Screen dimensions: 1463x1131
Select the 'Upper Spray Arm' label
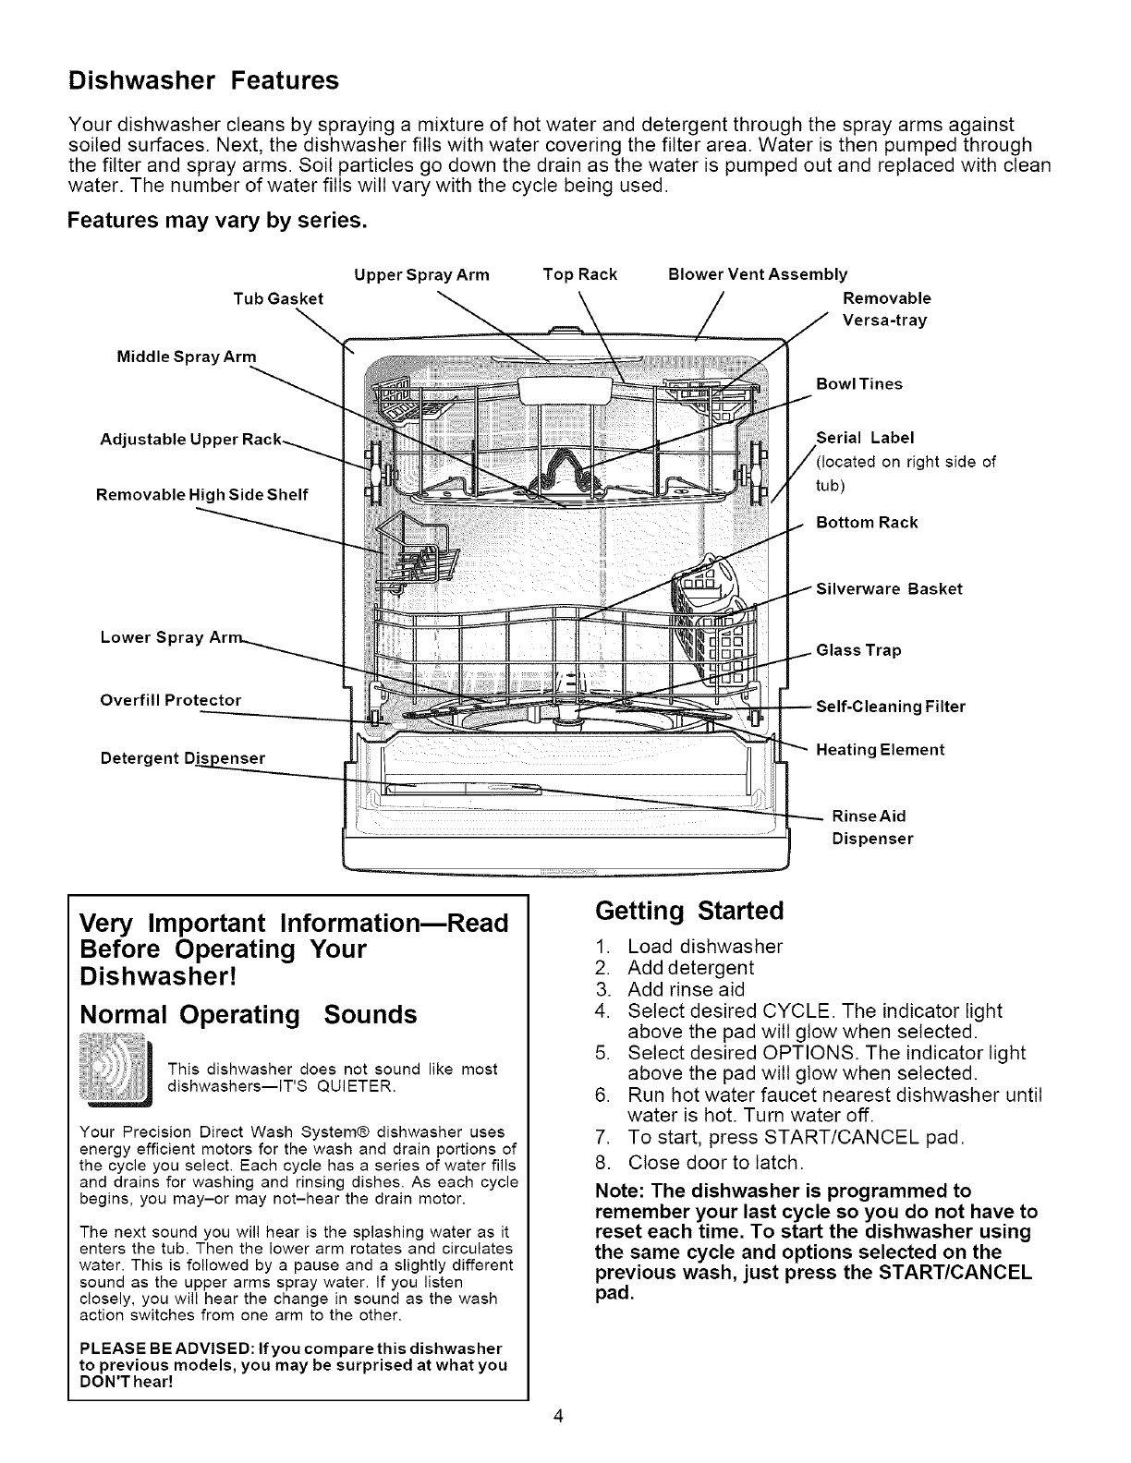click(x=422, y=274)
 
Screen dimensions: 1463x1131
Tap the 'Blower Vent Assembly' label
click(x=757, y=274)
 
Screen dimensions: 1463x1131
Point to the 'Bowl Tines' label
click(x=859, y=384)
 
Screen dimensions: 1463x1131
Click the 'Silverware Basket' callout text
click(x=889, y=589)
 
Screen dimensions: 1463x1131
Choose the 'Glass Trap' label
click(x=858, y=650)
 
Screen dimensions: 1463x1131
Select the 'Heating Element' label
click(x=881, y=749)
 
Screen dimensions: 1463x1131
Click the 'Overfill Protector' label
click(x=170, y=700)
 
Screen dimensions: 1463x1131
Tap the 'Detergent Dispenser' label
click(x=182, y=758)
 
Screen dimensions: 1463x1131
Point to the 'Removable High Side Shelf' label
click(x=201, y=494)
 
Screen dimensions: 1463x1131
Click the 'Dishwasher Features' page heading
click(x=204, y=81)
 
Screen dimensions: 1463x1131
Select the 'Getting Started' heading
click(x=689, y=912)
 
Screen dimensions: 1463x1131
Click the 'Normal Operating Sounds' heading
click(x=249, y=1015)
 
